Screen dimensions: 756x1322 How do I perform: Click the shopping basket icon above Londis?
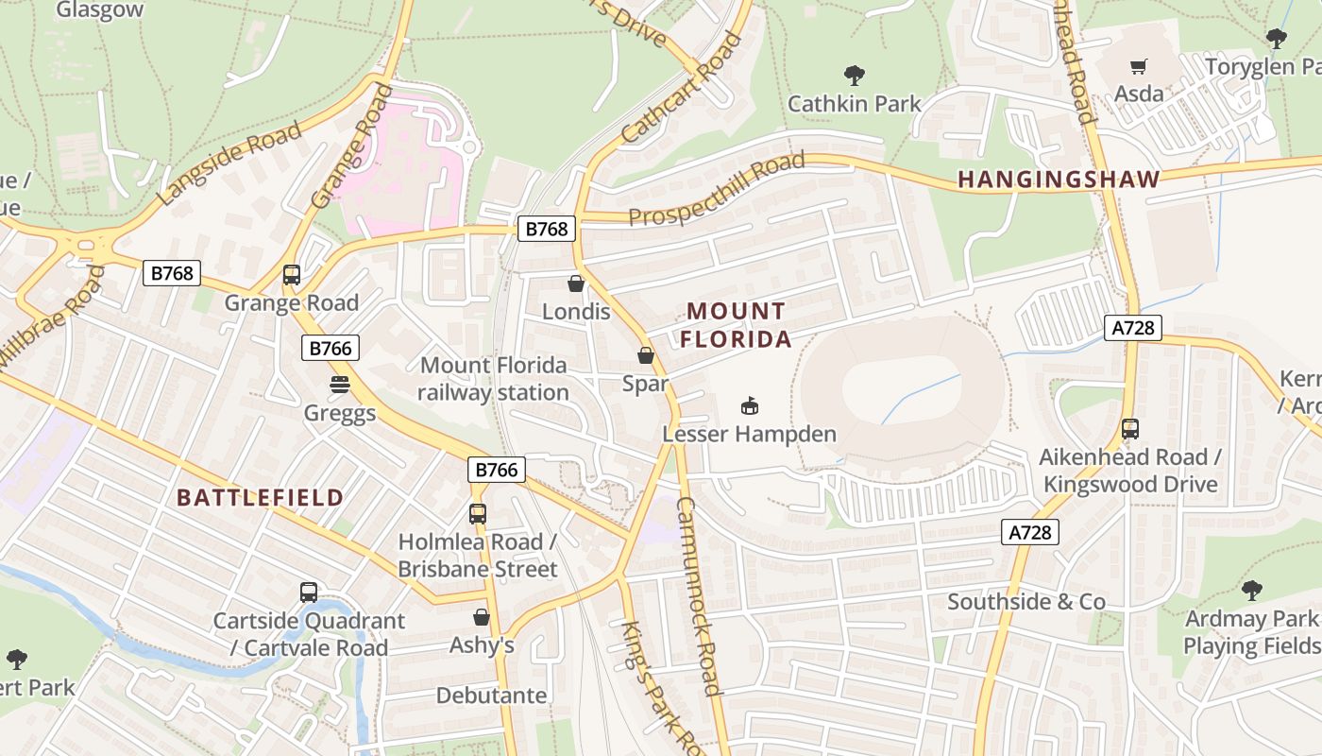click(x=575, y=283)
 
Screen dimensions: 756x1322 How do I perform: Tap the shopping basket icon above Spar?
click(x=646, y=355)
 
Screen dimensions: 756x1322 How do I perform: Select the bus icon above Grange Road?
click(x=292, y=275)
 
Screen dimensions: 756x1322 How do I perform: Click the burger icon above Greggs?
click(x=340, y=385)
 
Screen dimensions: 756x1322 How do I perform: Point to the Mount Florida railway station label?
click(x=493, y=379)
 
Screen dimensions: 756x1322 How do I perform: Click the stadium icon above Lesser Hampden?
click(x=750, y=406)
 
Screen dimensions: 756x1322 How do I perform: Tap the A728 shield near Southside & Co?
click(x=1029, y=533)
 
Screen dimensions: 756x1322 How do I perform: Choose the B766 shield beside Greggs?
click(x=330, y=348)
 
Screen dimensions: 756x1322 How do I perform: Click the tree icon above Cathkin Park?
click(x=854, y=75)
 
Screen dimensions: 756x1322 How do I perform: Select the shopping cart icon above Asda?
click(x=1139, y=66)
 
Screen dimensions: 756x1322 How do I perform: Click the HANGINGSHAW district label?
click(x=1059, y=179)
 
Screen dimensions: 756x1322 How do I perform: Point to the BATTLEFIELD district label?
click(x=260, y=498)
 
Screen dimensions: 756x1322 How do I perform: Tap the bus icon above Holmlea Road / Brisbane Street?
click(x=478, y=514)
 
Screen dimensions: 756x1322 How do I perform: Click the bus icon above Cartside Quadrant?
click(x=309, y=593)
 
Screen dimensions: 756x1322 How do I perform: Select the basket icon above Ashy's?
click(x=482, y=617)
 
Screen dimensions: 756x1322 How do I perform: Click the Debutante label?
click(x=491, y=696)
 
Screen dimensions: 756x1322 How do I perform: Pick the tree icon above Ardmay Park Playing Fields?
click(x=1251, y=592)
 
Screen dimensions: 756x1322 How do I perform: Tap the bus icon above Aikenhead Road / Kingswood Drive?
click(x=1130, y=429)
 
